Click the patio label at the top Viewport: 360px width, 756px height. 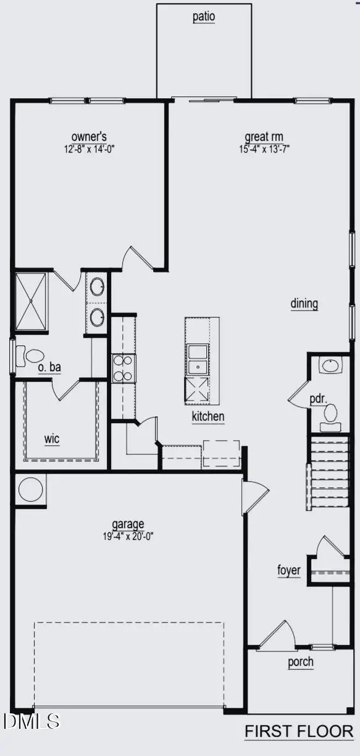tap(204, 17)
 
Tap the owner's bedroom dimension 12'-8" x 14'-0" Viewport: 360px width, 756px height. tap(90, 148)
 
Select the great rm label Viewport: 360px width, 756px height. tap(264, 137)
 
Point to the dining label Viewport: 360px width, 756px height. tap(304, 303)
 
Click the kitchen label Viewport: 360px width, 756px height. tap(207, 416)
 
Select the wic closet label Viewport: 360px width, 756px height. tap(51, 439)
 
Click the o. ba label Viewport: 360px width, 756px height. tap(49, 368)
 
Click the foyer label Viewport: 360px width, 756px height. tap(288, 569)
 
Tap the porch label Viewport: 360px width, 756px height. tap(301, 662)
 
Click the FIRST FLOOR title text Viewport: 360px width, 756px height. tap(299, 731)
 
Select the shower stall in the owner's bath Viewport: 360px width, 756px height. tap(31, 301)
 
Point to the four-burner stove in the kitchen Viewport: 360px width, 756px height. tap(123, 368)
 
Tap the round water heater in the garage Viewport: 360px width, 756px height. tap(30, 490)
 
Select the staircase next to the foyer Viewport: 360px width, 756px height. tap(321, 473)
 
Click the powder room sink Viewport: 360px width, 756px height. tap(330, 366)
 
